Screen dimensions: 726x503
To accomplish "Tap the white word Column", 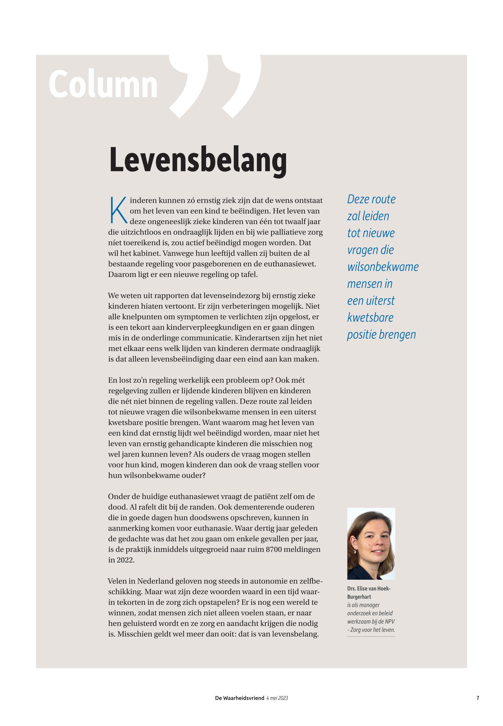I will [103, 84].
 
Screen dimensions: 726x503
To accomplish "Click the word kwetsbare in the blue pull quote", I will [370, 317].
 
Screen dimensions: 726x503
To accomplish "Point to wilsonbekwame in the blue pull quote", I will [382, 267].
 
